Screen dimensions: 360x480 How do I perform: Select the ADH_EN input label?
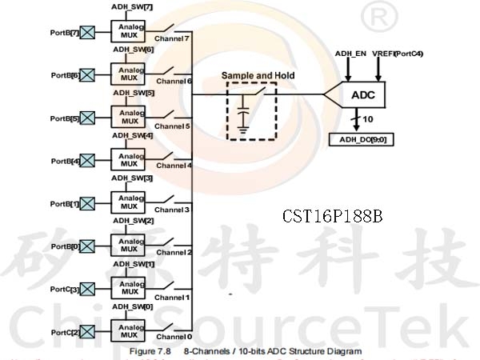(x=350, y=53)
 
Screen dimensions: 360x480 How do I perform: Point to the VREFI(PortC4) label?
(x=398, y=53)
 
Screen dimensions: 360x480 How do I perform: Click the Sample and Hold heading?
(x=258, y=75)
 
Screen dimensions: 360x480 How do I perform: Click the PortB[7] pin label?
(x=64, y=33)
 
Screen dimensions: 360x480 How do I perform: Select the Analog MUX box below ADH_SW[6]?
(x=128, y=74)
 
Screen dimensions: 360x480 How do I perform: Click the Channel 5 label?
(x=172, y=126)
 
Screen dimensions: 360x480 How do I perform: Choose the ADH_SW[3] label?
(x=133, y=178)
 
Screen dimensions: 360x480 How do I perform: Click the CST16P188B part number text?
(x=333, y=216)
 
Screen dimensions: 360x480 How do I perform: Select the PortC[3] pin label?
(x=65, y=289)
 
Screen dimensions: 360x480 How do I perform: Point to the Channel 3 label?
(x=172, y=210)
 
